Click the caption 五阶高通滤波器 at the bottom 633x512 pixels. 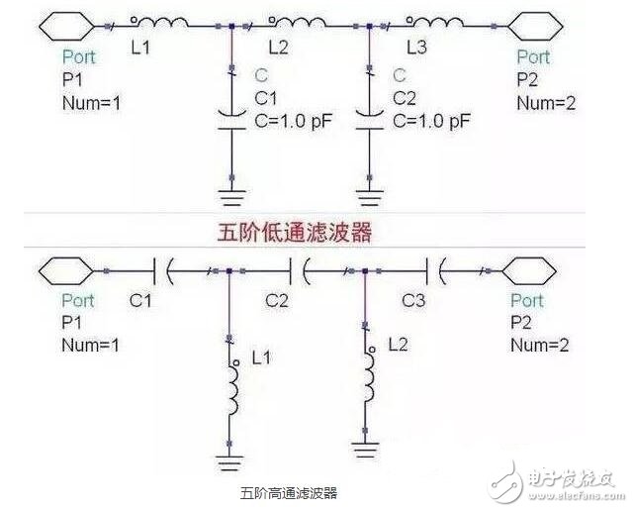[x=288, y=492]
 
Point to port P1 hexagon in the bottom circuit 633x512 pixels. [x=65, y=267]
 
